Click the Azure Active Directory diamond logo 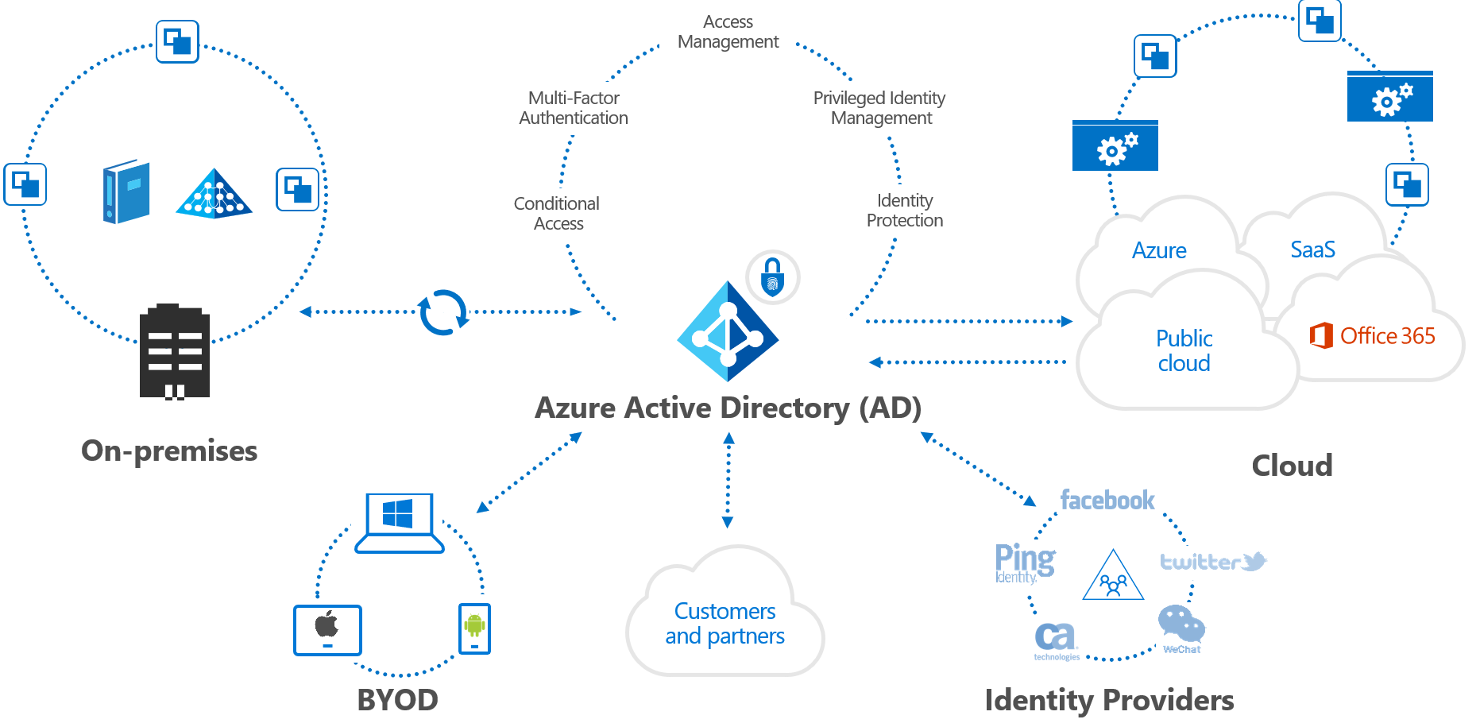point(728,332)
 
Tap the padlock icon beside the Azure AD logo point(772,277)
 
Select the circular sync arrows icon point(443,312)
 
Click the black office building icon point(175,351)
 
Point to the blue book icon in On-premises point(126,191)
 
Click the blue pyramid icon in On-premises point(214,194)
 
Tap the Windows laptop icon point(399,523)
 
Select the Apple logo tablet point(327,629)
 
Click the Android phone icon point(474,628)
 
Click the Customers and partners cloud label point(725,623)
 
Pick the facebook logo point(1107,500)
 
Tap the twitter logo point(1212,562)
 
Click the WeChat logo point(1181,628)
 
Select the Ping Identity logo point(1024,563)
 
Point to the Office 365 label point(1373,335)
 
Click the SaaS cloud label point(1312,249)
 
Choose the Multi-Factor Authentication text point(574,108)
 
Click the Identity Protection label point(905,211)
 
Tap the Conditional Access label point(557,214)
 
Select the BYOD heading point(397,700)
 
